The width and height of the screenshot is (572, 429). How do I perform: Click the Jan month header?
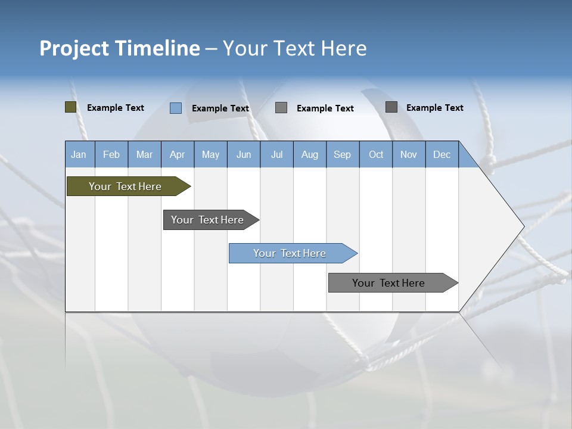79,155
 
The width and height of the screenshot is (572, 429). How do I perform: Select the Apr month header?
178,155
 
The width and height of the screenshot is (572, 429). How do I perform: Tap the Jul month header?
277,155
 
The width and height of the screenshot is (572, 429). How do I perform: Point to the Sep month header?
342,155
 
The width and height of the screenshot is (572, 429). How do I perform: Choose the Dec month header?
442,155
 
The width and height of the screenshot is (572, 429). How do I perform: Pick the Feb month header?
111,155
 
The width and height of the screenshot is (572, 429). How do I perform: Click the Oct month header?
376,155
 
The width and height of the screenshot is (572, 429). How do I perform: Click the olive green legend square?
71,107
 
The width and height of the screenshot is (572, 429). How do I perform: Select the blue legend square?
176,108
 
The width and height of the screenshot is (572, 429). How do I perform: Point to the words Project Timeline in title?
120,48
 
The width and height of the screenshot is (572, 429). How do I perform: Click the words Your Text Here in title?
295,48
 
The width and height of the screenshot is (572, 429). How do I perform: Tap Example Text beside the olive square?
116,108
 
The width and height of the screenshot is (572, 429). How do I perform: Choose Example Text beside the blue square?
220,108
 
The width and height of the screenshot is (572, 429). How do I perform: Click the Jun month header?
244,155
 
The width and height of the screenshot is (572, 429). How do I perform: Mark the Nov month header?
409,155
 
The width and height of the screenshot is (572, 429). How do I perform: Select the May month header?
210,155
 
